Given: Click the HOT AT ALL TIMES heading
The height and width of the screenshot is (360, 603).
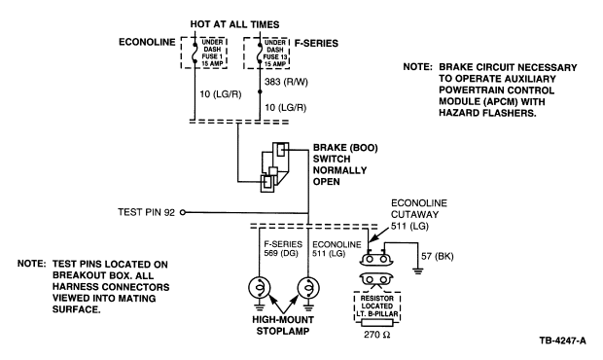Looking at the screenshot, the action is (x=234, y=24).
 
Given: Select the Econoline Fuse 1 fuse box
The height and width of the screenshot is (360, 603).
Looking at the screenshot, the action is (x=204, y=54).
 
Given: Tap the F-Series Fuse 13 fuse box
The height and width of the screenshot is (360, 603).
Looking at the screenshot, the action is (x=266, y=54).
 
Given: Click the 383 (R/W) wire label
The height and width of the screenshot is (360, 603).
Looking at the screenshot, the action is (x=286, y=82).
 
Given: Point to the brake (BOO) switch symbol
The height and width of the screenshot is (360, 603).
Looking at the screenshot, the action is (x=275, y=167).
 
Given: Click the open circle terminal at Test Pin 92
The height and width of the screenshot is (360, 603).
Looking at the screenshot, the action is (x=183, y=212).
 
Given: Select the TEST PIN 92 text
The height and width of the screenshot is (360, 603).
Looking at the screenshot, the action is (x=146, y=212).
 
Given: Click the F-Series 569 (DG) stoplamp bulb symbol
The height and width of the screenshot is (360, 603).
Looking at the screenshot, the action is (x=260, y=288).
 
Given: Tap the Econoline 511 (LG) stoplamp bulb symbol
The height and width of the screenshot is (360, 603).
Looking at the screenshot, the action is (x=308, y=288).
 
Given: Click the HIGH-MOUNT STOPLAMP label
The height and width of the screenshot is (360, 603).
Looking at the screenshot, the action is (x=283, y=325).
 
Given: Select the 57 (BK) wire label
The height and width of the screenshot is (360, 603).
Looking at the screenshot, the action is (x=438, y=256).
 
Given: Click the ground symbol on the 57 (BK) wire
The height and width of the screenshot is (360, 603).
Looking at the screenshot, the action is (x=417, y=271).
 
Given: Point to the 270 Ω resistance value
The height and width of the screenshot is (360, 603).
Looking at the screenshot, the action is (x=377, y=335).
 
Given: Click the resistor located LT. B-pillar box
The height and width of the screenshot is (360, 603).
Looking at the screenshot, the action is (x=377, y=306).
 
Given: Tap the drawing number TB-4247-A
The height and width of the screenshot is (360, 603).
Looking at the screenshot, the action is (x=562, y=341).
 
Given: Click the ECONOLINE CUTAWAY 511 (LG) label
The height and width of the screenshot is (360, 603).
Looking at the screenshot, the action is (x=419, y=215).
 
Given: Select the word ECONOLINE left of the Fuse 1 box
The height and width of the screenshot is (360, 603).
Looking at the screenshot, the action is (x=147, y=42).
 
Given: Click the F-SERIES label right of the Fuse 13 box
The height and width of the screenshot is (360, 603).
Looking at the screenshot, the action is (x=316, y=43).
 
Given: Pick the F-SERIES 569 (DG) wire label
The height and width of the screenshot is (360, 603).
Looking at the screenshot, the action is (x=283, y=249).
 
